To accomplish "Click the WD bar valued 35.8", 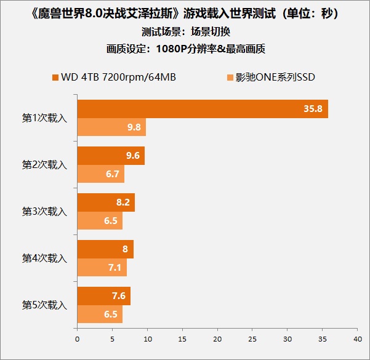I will (202, 109).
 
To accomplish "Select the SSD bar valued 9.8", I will (111, 127).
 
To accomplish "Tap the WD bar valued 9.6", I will (111, 156).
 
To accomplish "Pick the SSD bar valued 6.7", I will (101, 174).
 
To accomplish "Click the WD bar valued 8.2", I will (106, 202).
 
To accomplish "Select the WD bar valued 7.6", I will (103, 296).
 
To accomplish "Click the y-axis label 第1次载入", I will (44, 118).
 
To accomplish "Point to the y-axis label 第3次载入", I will (44, 212).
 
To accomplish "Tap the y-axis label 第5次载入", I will (44, 305).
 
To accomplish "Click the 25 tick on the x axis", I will (252, 338).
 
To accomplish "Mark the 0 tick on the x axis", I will (77, 338).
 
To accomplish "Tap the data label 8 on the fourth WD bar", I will (126, 249).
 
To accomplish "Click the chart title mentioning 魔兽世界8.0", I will (185, 12).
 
